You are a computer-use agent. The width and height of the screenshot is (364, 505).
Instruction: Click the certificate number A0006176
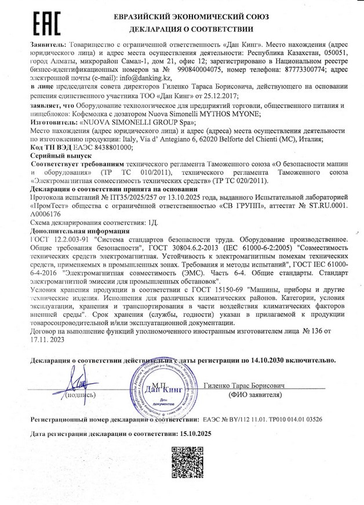click(x=48, y=214)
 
